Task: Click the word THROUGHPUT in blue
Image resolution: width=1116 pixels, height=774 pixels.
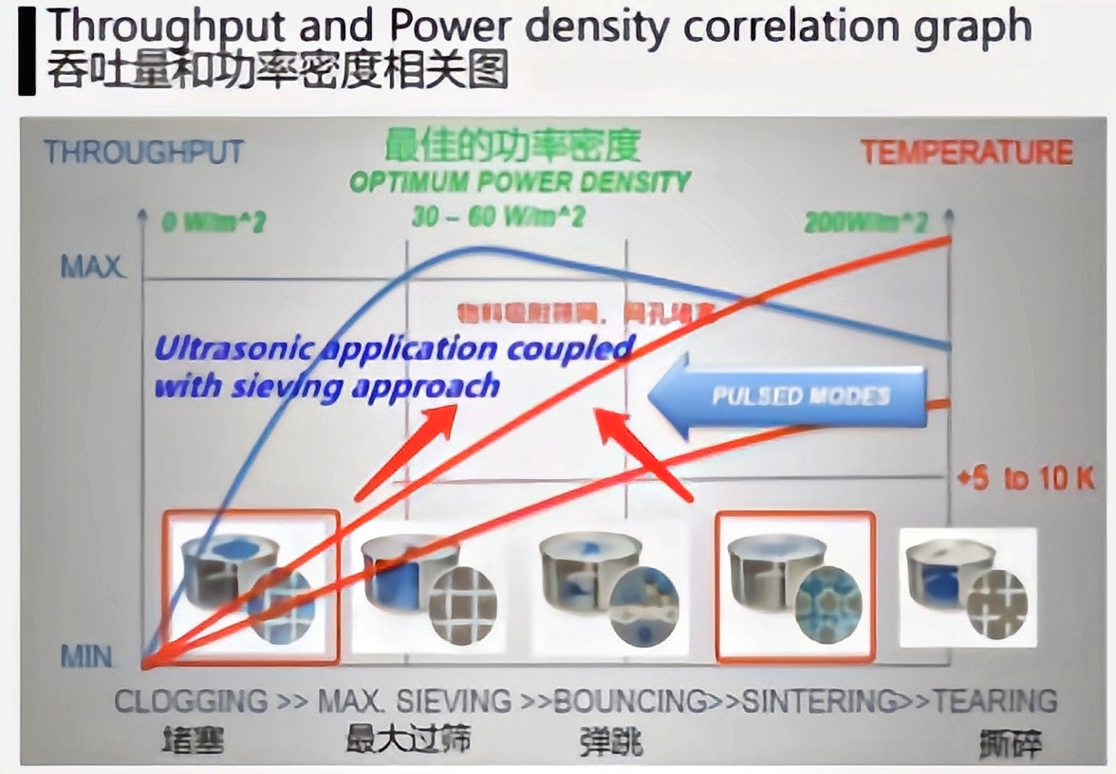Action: coord(143,152)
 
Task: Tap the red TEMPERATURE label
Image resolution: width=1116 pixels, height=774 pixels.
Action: coord(966,152)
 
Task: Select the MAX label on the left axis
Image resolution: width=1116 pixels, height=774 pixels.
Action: coord(92,267)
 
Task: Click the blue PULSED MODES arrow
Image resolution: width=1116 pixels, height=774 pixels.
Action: coord(788,396)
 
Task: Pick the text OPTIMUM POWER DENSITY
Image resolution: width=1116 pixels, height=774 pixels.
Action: coord(520,182)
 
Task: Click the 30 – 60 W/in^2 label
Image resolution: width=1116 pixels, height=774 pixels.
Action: coord(498,217)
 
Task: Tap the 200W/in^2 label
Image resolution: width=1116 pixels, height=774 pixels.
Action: coord(865,223)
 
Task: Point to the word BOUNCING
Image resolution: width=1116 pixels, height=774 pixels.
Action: coord(630,702)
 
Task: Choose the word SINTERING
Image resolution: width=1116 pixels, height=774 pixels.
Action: coord(818,702)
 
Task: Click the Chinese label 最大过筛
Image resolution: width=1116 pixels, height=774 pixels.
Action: coord(408,738)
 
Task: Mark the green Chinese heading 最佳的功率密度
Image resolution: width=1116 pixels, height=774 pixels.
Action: coord(512,145)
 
